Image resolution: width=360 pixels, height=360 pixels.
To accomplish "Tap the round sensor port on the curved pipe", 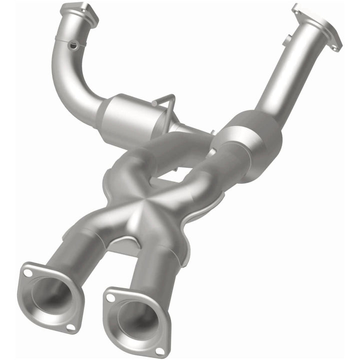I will click(x=73, y=44).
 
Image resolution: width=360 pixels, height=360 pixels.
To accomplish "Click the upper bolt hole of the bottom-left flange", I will click(x=28, y=273).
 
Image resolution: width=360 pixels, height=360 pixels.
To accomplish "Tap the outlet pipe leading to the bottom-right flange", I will click(x=150, y=270).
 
